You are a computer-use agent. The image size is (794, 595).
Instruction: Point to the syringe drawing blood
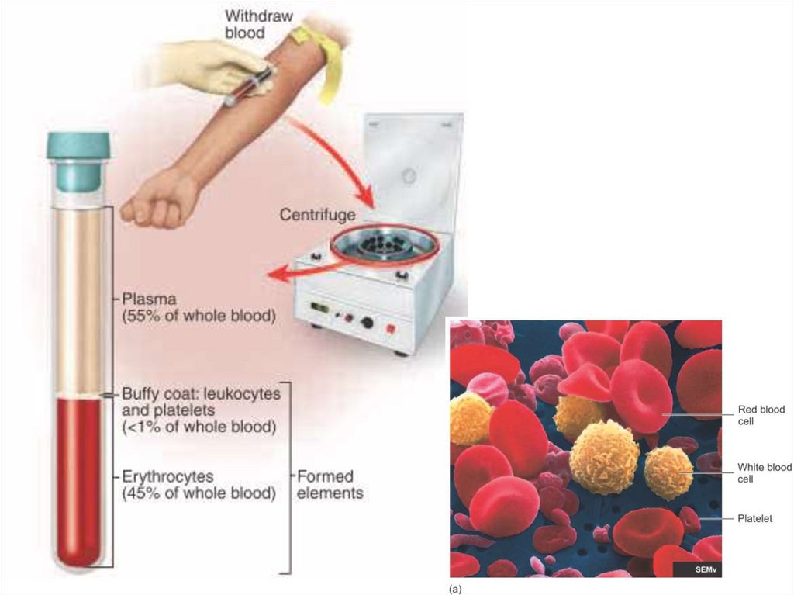pos(250,85)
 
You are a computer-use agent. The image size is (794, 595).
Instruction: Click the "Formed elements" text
pos(330,484)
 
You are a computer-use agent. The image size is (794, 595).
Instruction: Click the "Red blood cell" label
pos(761,415)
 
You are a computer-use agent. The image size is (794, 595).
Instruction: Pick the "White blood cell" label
pos(765,473)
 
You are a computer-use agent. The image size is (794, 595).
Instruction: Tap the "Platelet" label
pos(755,518)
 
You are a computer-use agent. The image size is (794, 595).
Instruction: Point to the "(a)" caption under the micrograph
pos(455,589)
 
